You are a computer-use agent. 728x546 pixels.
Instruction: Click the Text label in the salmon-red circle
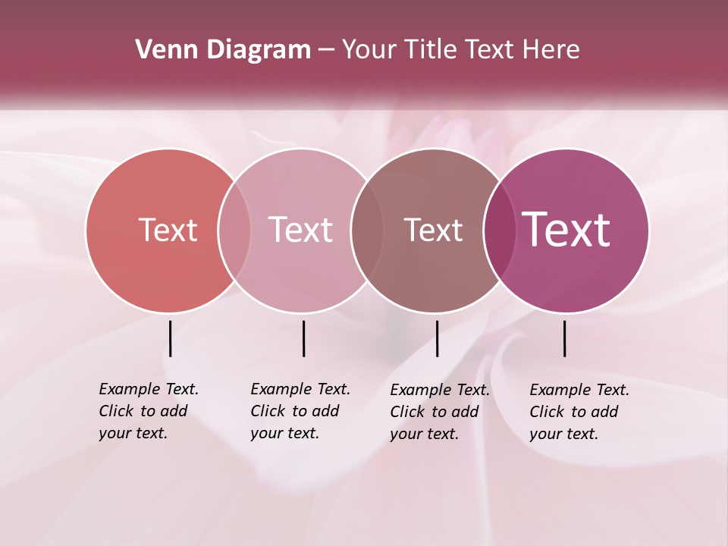coord(168,230)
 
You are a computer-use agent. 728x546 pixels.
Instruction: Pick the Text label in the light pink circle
coord(301,230)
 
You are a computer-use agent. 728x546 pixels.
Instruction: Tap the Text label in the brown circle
coord(433,230)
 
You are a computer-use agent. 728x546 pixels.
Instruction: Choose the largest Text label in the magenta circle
coord(566,230)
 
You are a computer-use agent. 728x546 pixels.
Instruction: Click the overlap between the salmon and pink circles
coord(234,230)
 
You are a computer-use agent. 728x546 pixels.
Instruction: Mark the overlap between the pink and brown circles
coord(366,230)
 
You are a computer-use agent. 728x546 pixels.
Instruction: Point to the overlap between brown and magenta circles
coord(498,230)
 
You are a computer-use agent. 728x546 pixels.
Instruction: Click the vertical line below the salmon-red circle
coord(170,338)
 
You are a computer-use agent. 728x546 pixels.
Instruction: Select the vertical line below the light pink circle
coord(303,338)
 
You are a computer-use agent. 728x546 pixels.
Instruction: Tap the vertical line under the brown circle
coord(437,338)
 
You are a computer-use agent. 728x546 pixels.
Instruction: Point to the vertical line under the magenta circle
coord(564,338)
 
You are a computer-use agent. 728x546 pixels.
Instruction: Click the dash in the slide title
coord(326,51)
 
